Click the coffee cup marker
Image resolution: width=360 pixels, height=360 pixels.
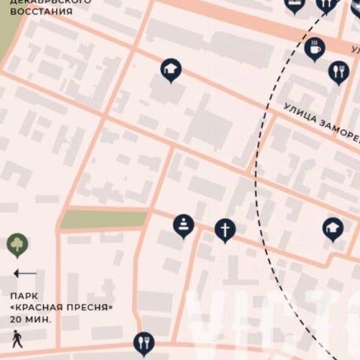[x=315, y=49]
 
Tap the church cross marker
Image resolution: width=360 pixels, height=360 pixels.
[x=225, y=230]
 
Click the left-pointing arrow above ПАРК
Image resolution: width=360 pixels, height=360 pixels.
[x=24, y=274]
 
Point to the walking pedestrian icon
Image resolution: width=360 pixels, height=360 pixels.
[x=17, y=338]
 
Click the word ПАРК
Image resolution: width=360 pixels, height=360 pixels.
[x=24, y=295]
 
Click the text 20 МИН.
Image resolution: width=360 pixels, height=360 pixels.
[x=31, y=318]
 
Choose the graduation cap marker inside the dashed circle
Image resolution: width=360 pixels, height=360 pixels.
[x=333, y=229]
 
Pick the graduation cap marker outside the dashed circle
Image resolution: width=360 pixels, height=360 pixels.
[x=171, y=70]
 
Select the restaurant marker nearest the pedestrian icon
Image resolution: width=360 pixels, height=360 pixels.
[x=144, y=342]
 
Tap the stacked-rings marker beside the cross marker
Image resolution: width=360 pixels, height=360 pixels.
[x=184, y=225]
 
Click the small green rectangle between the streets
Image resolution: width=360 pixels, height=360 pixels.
[x=103, y=220]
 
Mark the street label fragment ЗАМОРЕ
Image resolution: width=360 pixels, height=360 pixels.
[x=336, y=128]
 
